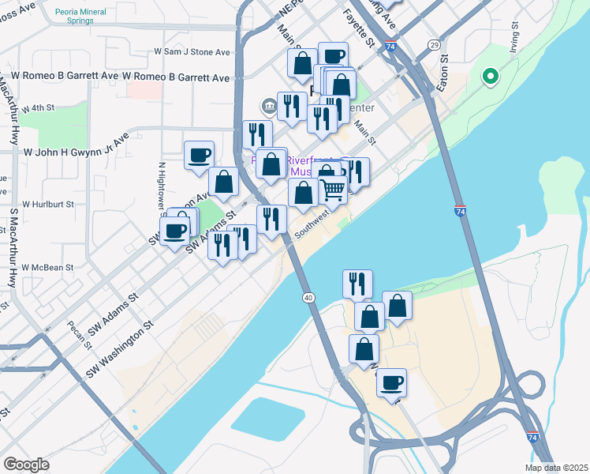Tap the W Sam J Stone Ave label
(x=192, y=52)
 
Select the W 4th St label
(x=38, y=107)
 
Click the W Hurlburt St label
(x=47, y=203)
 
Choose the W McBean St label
(x=47, y=268)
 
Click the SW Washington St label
(x=121, y=348)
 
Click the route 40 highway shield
(x=308, y=297)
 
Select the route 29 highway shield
(x=434, y=45)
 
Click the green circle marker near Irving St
(x=491, y=77)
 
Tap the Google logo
(x=26, y=465)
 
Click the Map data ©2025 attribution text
(x=556, y=468)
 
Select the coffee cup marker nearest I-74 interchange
(x=391, y=383)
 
